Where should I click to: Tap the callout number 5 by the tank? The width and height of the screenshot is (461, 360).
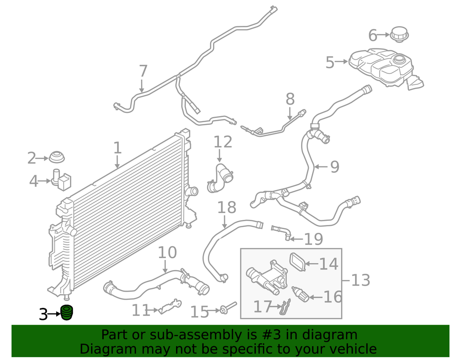tap(330, 62)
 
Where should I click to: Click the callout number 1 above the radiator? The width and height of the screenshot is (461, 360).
tap(118, 148)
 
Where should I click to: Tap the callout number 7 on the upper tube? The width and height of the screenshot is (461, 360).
tap(143, 71)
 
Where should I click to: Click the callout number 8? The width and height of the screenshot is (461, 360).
tap(290, 99)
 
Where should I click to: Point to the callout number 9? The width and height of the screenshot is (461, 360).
tap(334, 166)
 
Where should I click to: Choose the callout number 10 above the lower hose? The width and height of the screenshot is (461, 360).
tap(167, 253)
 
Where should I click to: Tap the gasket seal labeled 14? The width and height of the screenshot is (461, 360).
tap(297, 262)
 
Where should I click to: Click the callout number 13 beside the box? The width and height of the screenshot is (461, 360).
tap(361, 279)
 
